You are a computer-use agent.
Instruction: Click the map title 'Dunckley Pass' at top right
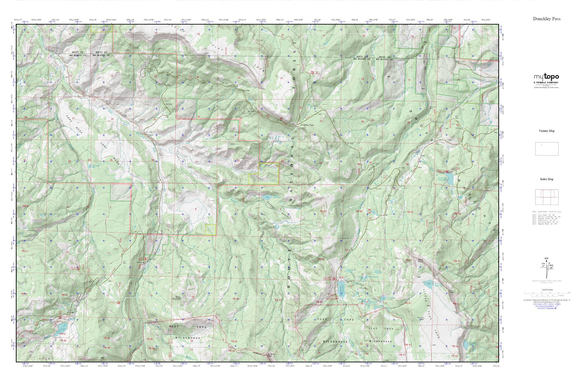(x=547, y=19)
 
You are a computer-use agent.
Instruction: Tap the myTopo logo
(x=546, y=77)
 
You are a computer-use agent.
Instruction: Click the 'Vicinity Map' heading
(x=547, y=131)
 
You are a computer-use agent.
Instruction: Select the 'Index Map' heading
(x=547, y=179)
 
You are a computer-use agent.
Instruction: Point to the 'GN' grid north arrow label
(x=546, y=258)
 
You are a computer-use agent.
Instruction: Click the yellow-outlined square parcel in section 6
(x=210, y=229)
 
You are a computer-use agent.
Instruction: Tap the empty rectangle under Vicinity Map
(x=547, y=149)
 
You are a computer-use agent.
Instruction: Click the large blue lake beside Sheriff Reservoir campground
(x=341, y=287)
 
